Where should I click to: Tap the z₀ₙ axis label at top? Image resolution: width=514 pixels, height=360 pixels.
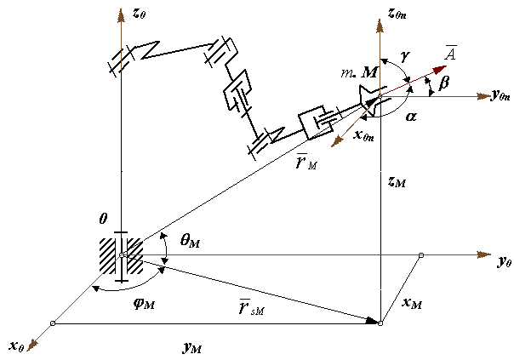click(400, 14)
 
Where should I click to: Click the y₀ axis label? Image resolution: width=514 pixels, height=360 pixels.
click(504, 261)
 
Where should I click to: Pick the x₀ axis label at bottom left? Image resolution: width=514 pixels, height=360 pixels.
click(16, 345)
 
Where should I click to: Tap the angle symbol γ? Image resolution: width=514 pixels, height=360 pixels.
click(406, 54)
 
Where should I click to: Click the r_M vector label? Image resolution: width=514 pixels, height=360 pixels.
click(304, 160)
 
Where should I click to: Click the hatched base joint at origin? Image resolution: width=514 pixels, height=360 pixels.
click(123, 254)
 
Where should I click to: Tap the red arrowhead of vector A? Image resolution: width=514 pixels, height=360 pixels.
click(442, 67)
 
